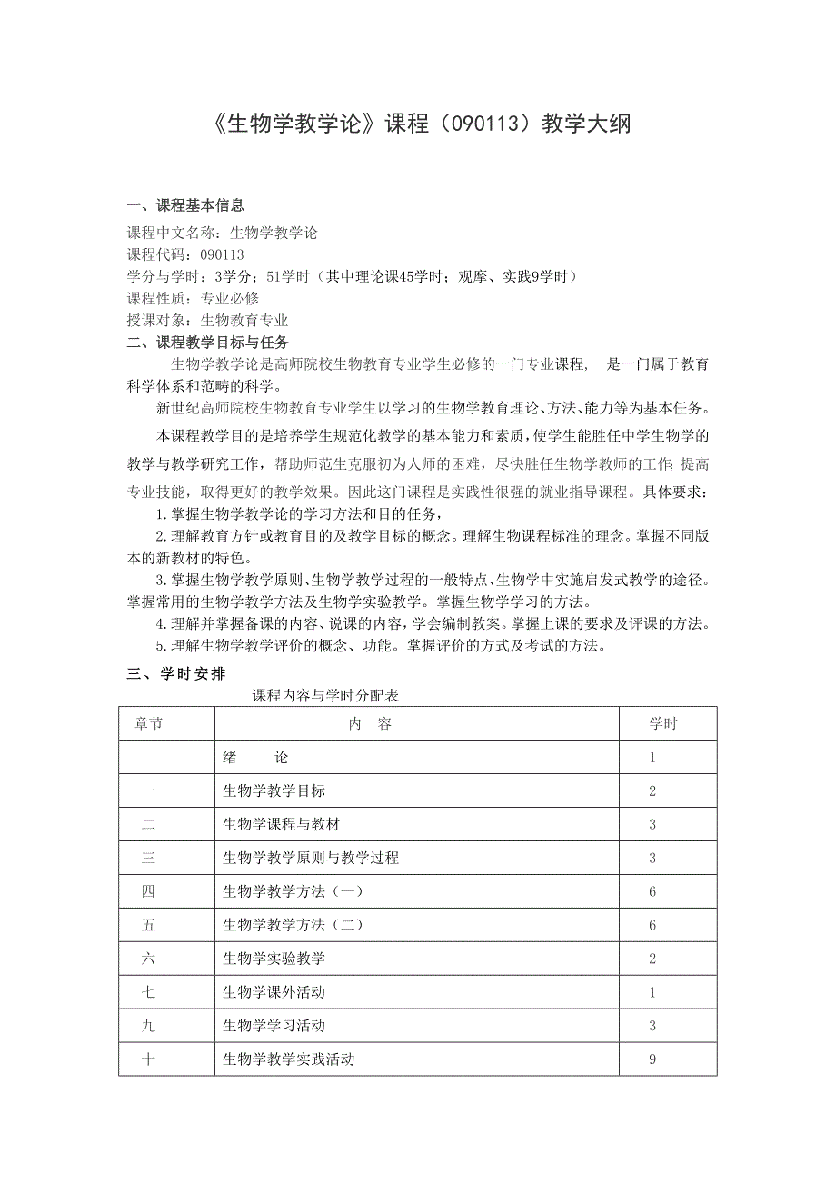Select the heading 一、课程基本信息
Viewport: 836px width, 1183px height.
185,206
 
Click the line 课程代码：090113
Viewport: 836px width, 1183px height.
185,254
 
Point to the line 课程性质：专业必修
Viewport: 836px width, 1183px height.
193,298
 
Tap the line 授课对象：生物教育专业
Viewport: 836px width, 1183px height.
207,320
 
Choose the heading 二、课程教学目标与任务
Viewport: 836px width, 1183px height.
208,343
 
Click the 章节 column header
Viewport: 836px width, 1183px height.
148,724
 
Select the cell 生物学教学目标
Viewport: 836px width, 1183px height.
274,791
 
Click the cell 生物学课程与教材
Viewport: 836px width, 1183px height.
281,825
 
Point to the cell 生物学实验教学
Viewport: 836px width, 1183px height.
274,959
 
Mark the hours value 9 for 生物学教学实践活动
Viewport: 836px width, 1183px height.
652,1059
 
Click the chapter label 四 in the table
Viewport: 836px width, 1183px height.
148,891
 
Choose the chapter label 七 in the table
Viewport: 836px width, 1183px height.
148,992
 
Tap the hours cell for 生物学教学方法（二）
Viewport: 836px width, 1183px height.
652,925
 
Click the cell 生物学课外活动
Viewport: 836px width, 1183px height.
274,992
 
